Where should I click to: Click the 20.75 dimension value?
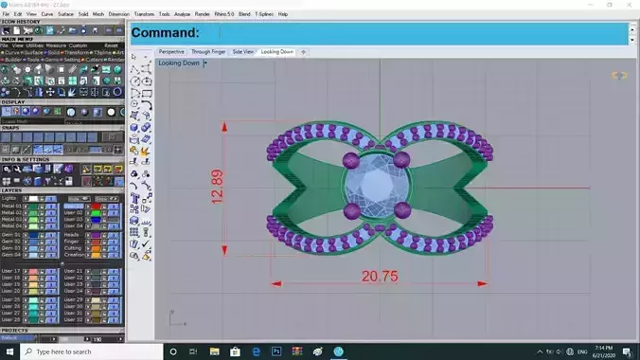378,277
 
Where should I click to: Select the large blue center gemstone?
375,184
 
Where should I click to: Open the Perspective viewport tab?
171,51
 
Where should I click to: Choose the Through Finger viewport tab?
207,51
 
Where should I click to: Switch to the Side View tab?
242,51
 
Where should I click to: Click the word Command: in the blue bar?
166,33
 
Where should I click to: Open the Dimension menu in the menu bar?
119,14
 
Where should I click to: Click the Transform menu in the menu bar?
144,14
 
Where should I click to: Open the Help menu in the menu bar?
283,14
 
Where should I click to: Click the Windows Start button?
9,351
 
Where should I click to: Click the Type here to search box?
76,351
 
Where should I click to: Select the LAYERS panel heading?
12,189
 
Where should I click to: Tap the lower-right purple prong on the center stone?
401,209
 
